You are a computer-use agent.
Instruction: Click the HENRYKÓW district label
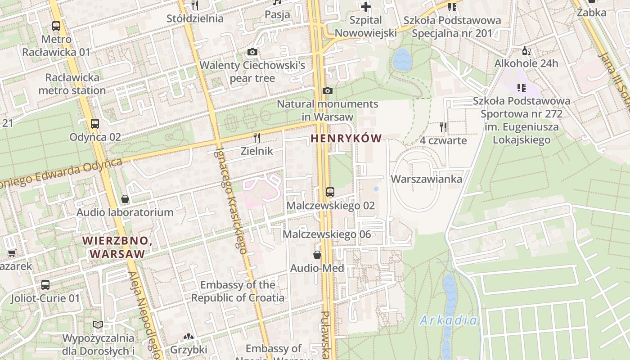(346, 139)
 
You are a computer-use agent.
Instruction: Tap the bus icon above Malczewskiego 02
(330, 192)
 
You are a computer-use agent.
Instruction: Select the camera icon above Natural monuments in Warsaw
(328, 91)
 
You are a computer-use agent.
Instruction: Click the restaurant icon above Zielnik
(257, 137)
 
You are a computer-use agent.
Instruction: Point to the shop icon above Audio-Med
(317, 255)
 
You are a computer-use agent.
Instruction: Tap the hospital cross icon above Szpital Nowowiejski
(366, 7)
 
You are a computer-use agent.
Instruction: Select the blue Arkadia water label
(448, 320)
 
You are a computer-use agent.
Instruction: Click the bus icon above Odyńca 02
(94, 124)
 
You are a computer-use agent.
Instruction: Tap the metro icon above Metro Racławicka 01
(56, 26)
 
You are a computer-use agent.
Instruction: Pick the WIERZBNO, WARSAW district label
(117, 247)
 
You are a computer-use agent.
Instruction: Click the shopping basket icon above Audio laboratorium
(125, 199)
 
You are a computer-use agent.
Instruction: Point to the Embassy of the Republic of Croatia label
(238, 291)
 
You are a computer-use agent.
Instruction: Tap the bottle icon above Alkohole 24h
(524, 50)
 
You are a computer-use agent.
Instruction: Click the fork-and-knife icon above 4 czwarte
(443, 127)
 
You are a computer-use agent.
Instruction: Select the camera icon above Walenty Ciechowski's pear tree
(252, 52)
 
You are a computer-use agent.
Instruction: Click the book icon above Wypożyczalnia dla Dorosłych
(98, 324)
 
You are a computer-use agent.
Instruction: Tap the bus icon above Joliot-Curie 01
(45, 284)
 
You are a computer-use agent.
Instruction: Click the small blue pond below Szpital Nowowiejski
(402, 60)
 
